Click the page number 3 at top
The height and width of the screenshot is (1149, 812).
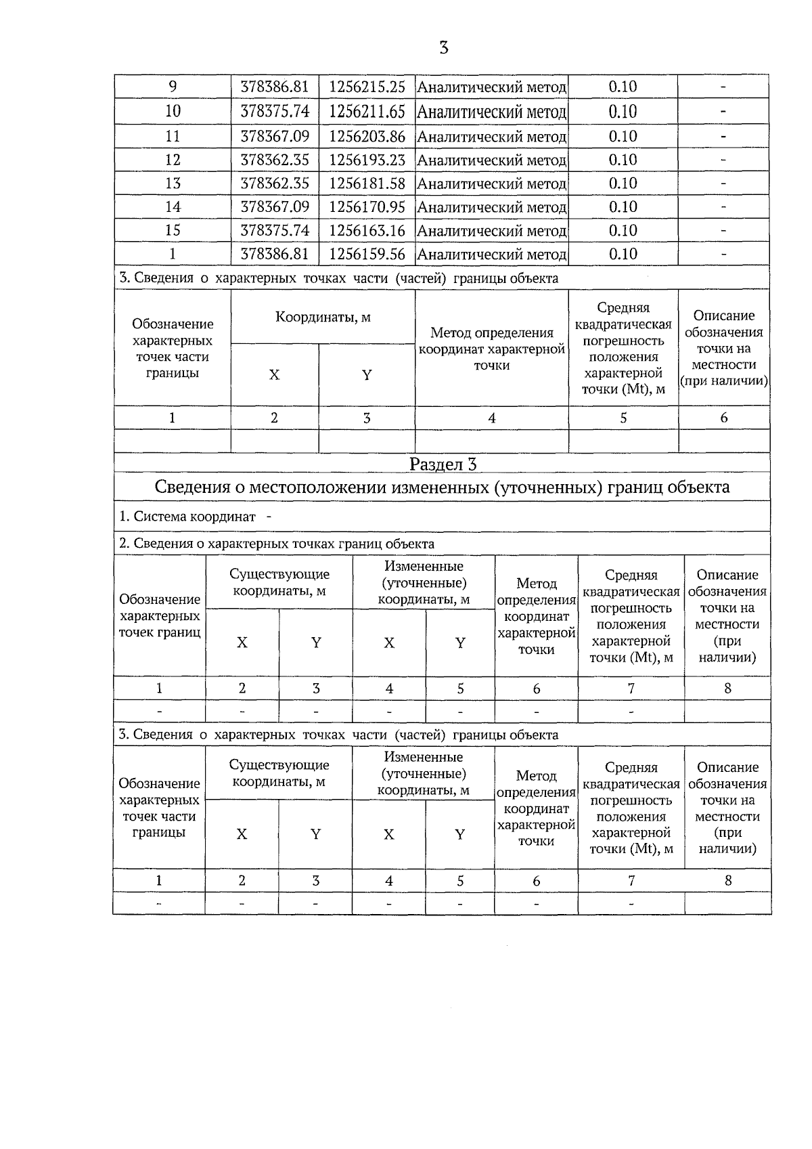[x=444, y=48]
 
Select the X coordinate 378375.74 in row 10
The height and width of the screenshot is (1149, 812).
[x=275, y=111]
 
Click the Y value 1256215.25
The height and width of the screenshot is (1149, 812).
[x=367, y=87]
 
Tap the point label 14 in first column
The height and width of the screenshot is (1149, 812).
[x=173, y=207]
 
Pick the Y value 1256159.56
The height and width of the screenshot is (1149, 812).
[x=367, y=254]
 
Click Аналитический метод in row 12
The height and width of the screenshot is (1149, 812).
[x=491, y=160]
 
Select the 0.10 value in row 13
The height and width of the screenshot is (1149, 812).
[x=623, y=183]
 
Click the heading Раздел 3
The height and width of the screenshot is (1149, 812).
[x=443, y=464]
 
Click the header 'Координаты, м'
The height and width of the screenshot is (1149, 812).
[x=323, y=317]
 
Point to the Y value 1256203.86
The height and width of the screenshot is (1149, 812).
[x=367, y=136]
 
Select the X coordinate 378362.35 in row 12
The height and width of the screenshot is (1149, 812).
[x=275, y=160]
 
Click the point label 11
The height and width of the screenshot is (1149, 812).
[x=173, y=136]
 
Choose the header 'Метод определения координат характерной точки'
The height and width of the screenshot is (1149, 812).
[x=491, y=349]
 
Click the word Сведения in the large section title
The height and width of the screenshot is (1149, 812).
[x=193, y=487]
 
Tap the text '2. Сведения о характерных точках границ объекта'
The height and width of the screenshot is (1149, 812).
[x=277, y=544]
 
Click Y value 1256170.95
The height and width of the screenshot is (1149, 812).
[x=367, y=207]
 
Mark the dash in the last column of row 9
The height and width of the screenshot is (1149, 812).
[x=723, y=87]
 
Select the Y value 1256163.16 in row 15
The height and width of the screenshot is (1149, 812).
[x=367, y=230]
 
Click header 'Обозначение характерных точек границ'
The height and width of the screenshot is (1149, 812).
[x=160, y=615]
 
